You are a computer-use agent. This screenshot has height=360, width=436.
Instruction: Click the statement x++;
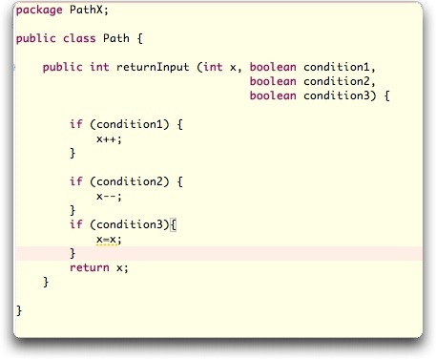pyautogui.click(x=110, y=138)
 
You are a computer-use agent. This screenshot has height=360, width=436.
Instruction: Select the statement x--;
pyautogui.click(x=110, y=196)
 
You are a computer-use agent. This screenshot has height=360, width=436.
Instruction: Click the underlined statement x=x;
pyautogui.click(x=110, y=239)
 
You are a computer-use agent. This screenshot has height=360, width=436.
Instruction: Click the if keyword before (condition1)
pyautogui.click(x=76, y=124)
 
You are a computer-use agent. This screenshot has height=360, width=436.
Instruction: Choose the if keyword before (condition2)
pyautogui.click(x=76, y=181)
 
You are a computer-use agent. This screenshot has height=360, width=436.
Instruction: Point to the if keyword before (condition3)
pyautogui.click(x=76, y=224)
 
